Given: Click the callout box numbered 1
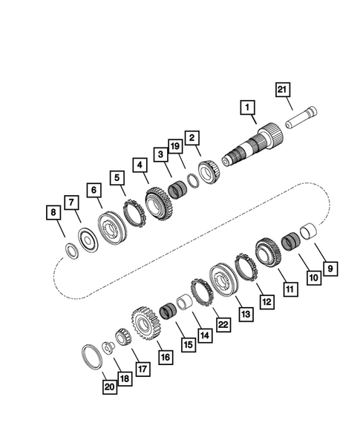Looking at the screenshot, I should [246, 108].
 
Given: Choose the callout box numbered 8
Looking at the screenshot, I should [51, 214].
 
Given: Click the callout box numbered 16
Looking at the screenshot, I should [164, 357].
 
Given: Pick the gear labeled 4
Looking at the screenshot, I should [158, 202].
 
